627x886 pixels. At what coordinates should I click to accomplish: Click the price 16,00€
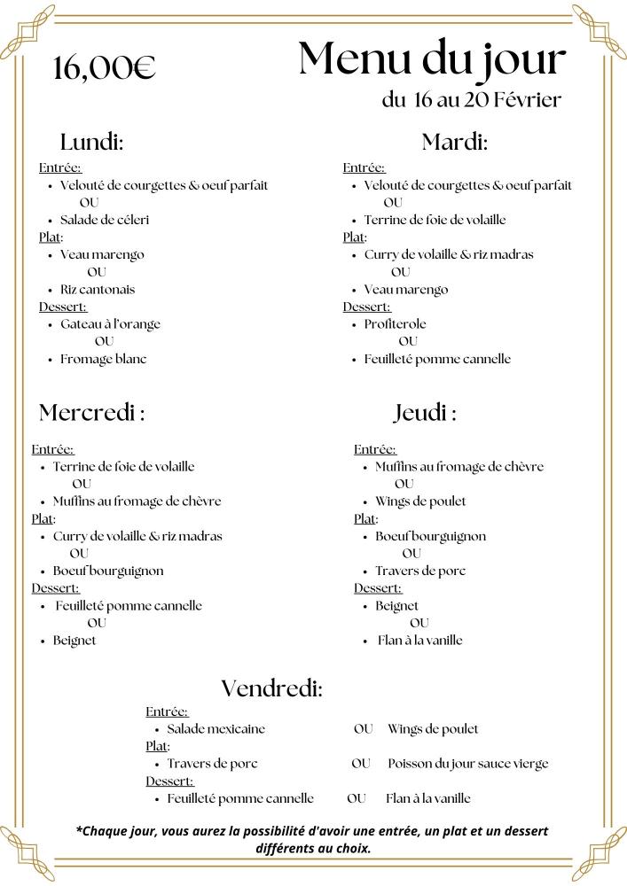(104, 67)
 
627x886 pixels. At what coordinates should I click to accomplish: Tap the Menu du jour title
(432, 59)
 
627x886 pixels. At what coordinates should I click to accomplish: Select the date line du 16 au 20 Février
(471, 100)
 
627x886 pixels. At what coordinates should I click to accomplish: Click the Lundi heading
(91, 142)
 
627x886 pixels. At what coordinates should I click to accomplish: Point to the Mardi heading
(454, 142)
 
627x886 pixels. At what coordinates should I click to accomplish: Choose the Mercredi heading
(91, 413)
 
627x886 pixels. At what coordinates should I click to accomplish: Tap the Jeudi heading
(425, 413)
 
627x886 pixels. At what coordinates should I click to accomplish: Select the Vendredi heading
(271, 688)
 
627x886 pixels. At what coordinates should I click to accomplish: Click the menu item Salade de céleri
(105, 220)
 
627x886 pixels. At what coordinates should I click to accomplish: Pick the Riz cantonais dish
(98, 289)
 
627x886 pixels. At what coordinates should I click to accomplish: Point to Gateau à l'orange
(110, 324)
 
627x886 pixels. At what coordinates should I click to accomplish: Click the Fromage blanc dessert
(103, 359)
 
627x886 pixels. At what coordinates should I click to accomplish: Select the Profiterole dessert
(395, 324)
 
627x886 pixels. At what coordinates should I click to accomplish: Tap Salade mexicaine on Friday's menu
(216, 729)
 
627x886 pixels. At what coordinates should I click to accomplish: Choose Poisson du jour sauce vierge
(467, 764)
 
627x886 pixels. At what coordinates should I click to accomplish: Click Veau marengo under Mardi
(406, 290)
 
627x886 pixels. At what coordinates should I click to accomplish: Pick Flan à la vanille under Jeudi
(419, 641)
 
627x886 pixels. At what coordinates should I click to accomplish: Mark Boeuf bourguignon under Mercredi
(108, 571)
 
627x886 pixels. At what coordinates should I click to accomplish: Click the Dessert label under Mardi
(366, 307)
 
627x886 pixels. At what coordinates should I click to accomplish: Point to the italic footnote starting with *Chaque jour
(312, 839)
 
